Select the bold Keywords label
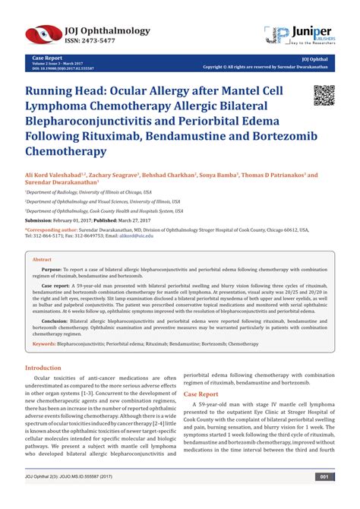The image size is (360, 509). [x=45, y=345]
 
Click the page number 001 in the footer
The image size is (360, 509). [x=324, y=498]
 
